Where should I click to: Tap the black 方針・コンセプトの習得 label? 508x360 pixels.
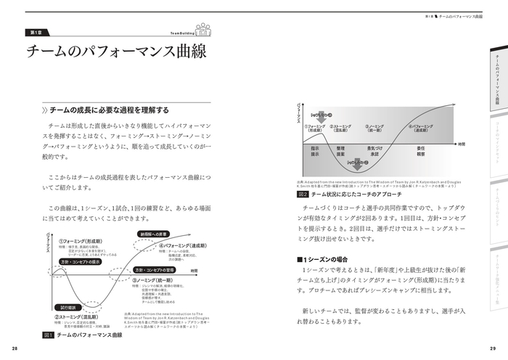click(x=156, y=270)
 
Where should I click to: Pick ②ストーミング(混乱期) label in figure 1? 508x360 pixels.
click(x=81, y=317)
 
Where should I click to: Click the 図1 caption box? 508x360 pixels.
click(x=49, y=335)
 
